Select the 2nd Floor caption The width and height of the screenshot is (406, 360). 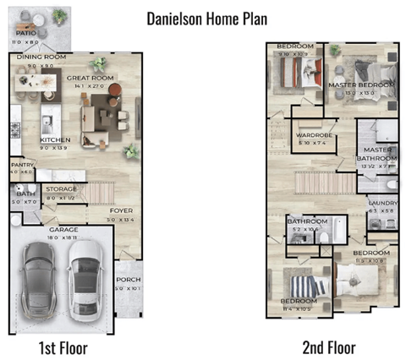(329, 347)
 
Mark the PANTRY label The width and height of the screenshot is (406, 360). (20, 166)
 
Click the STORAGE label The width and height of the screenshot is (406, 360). (62, 188)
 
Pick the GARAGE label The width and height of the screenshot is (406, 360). (63, 229)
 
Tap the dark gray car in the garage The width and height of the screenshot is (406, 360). (42, 279)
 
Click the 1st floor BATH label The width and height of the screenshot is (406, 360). (21, 195)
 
